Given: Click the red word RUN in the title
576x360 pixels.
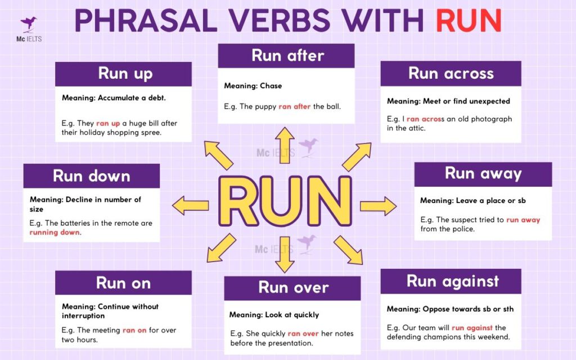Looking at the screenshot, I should tap(469, 21).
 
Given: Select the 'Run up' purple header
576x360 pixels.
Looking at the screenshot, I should tap(124, 74).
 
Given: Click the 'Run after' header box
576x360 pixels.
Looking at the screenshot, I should tap(287, 56).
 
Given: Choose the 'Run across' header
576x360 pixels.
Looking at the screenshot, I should tap(451, 74).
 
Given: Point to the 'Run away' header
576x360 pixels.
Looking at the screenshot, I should tap(483, 174).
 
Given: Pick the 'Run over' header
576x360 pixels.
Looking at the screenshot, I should tap(292, 287).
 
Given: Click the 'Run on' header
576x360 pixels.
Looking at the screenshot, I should tap(123, 282).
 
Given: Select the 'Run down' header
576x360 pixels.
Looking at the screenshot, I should tap(91, 175).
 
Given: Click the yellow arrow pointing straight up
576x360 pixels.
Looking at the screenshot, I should tap(285, 145).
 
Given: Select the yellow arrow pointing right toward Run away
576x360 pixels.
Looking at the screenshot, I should tap(378, 205).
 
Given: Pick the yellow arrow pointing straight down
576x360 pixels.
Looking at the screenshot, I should tap(285, 254).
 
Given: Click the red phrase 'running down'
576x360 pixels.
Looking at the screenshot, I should tap(55, 232).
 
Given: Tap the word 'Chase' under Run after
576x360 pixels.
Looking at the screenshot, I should tap(271, 86).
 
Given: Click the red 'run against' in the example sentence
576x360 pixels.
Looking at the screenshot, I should tap(472, 327).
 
